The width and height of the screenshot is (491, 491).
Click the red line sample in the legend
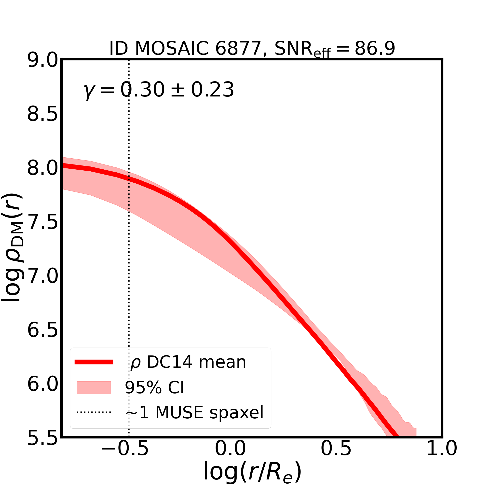click(x=94, y=362)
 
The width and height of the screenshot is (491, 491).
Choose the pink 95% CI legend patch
click(x=94, y=387)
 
